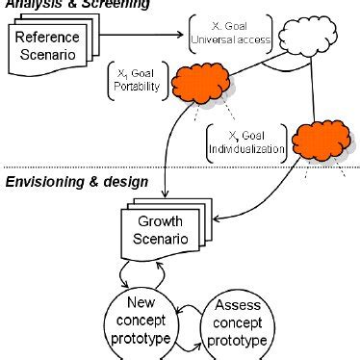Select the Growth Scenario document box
158,234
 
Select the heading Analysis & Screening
77,5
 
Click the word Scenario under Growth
159,242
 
